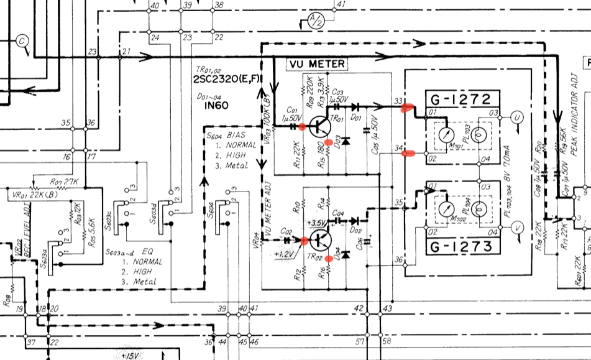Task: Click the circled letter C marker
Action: [23, 41]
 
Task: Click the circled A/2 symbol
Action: [314, 22]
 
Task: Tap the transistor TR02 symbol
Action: [322, 240]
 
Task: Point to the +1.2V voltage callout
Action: [285, 254]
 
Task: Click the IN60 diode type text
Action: [216, 106]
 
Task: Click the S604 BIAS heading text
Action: [227, 134]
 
